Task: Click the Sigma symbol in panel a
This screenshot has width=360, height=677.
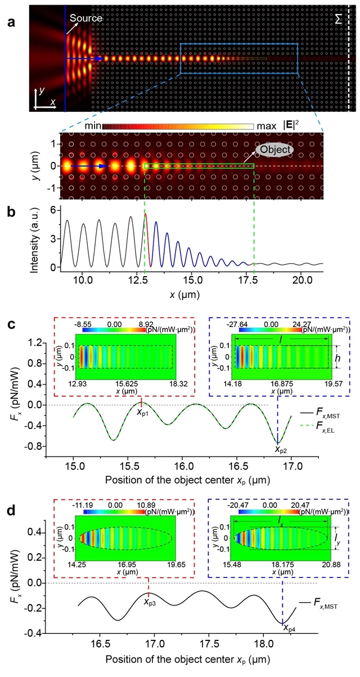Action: click(x=339, y=19)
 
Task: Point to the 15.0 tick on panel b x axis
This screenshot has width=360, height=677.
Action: click(x=192, y=279)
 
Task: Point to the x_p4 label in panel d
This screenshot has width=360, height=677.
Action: click(x=289, y=628)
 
